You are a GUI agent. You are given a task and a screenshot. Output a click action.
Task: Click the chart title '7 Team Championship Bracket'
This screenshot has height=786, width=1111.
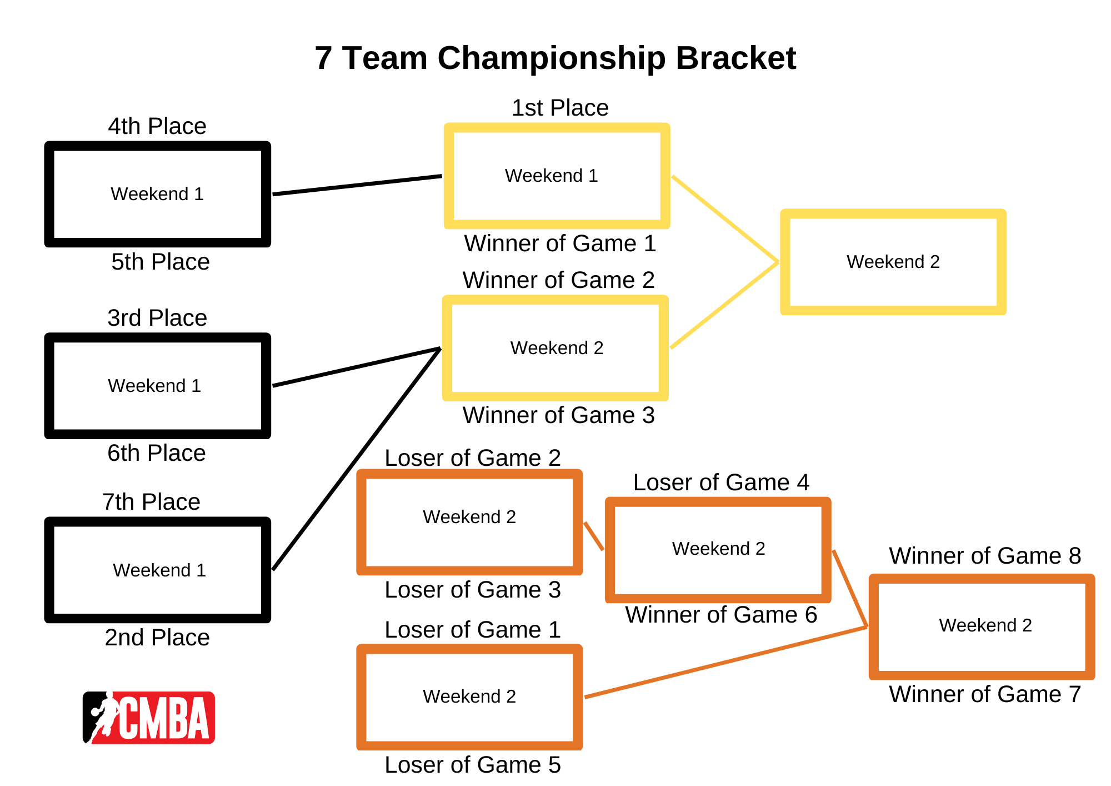pyautogui.click(x=555, y=58)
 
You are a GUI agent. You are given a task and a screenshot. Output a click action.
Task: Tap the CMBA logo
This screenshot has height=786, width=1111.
pyautogui.click(x=149, y=717)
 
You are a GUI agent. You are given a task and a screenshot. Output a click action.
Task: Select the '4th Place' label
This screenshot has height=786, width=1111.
pyautogui.click(x=157, y=126)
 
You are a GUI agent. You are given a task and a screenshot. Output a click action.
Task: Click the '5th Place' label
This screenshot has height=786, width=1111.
pyautogui.click(x=160, y=262)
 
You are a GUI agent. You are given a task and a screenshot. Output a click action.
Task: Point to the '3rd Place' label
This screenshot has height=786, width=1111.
pyautogui.click(x=157, y=318)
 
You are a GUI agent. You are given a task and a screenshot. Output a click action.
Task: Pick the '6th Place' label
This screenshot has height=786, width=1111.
pyautogui.click(x=157, y=453)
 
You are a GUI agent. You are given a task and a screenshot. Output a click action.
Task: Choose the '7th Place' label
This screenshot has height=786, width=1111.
pyautogui.click(x=151, y=502)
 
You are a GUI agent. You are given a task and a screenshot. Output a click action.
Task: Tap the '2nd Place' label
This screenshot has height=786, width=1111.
pyautogui.click(x=157, y=638)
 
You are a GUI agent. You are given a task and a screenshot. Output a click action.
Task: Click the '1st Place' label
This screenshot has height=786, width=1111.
pyautogui.click(x=560, y=108)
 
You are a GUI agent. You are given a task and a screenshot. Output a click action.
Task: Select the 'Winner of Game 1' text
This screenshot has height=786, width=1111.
pyautogui.click(x=560, y=243)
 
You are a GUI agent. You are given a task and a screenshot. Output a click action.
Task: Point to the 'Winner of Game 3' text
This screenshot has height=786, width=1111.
pyautogui.click(x=558, y=415)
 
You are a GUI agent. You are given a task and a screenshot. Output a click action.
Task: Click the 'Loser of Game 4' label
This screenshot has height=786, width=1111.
pyautogui.click(x=721, y=482)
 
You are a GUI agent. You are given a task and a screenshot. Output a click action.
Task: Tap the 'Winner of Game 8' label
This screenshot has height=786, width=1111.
pyautogui.click(x=985, y=556)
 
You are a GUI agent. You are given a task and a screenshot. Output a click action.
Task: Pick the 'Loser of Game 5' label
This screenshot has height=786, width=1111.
pyautogui.click(x=473, y=765)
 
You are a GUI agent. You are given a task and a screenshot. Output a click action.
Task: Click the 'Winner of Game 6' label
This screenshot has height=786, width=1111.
pyautogui.click(x=721, y=615)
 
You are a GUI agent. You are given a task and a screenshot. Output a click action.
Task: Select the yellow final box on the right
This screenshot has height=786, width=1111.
pyautogui.click(x=893, y=262)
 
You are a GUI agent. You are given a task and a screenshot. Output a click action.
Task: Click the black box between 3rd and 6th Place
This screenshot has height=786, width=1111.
pyautogui.click(x=157, y=386)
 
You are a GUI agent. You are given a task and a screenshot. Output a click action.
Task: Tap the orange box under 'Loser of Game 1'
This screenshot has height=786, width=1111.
pyautogui.click(x=469, y=697)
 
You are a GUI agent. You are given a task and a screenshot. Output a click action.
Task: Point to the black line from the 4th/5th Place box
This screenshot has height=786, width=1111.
pyautogui.click(x=357, y=185)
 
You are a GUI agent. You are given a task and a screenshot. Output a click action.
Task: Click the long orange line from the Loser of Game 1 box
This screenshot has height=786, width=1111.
pyautogui.click(x=725, y=662)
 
